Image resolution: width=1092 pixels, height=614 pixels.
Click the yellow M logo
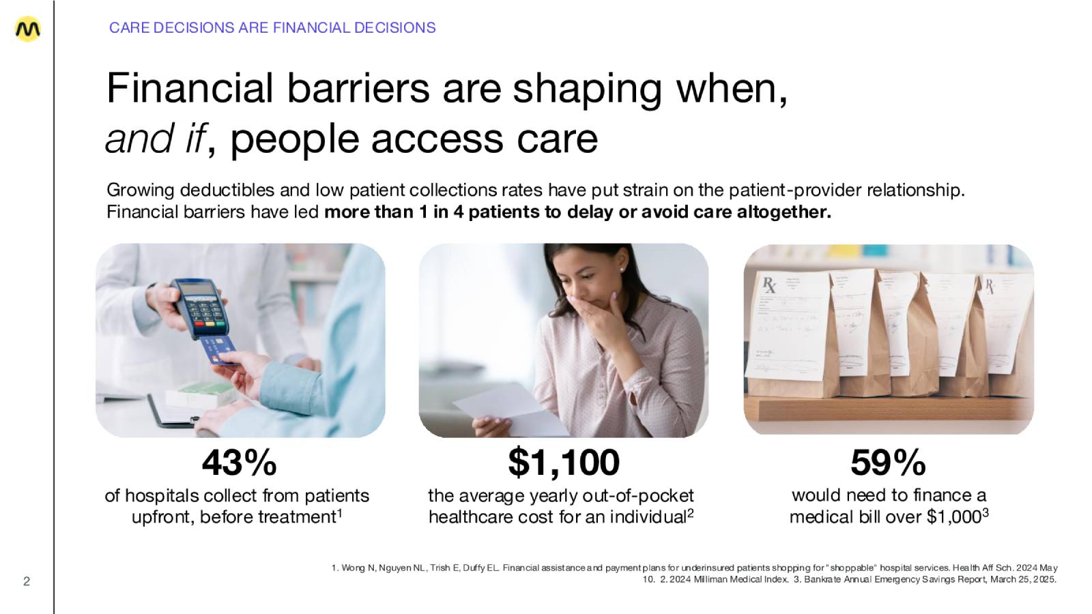coord(28,29)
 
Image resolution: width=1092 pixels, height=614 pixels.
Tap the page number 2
coord(27,581)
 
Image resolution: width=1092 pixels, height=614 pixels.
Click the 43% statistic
coord(239,463)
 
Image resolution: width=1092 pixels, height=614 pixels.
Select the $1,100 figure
coord(564,463)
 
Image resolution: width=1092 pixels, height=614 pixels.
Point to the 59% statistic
coord(888,463)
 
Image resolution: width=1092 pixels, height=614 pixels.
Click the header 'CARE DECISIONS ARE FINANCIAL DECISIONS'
coord(272,28)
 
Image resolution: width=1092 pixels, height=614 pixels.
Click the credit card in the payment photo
coord(219,350)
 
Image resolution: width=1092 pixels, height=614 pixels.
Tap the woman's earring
coord(622,269)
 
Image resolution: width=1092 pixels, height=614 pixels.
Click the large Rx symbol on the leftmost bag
coord(769,284)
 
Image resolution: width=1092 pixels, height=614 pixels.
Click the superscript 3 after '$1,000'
coord(986,512)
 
